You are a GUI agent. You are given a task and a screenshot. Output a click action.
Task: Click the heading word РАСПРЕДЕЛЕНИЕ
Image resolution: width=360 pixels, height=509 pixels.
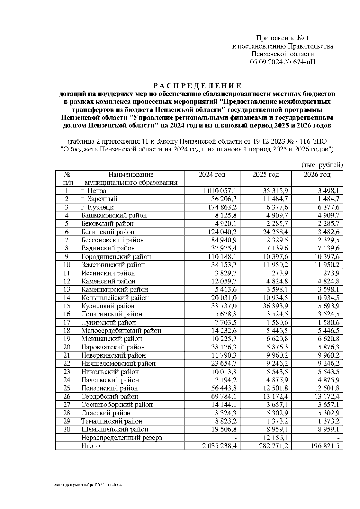click(197, 86)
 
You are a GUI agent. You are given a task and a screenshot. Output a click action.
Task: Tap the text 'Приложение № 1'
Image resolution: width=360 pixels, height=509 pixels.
click(282, 38)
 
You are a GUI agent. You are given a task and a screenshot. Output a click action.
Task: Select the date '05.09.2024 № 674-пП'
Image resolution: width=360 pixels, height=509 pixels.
click(283, 62)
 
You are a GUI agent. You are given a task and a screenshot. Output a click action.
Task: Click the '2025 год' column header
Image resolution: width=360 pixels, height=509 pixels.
click(265, 175)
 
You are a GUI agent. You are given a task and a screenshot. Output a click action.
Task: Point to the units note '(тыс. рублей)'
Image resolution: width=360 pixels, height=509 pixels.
click(322, 165)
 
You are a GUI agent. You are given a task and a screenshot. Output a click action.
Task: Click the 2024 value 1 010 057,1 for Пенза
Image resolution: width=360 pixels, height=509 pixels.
click(219, 191)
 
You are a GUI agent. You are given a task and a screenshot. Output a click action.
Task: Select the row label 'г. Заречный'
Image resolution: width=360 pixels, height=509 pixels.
click(99, 199)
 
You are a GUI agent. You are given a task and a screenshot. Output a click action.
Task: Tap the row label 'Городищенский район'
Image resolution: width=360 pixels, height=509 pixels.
click(116, 257)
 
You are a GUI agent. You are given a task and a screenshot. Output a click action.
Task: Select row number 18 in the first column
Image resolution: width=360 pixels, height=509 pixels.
click(67, 331)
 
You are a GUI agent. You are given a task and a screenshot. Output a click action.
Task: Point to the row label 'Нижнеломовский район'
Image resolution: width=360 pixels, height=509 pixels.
click(118, 364)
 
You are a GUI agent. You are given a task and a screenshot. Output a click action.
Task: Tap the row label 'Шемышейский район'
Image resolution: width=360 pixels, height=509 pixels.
click(115, 429)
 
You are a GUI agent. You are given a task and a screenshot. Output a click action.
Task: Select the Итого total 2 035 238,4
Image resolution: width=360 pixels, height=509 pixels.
click(219, 446)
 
